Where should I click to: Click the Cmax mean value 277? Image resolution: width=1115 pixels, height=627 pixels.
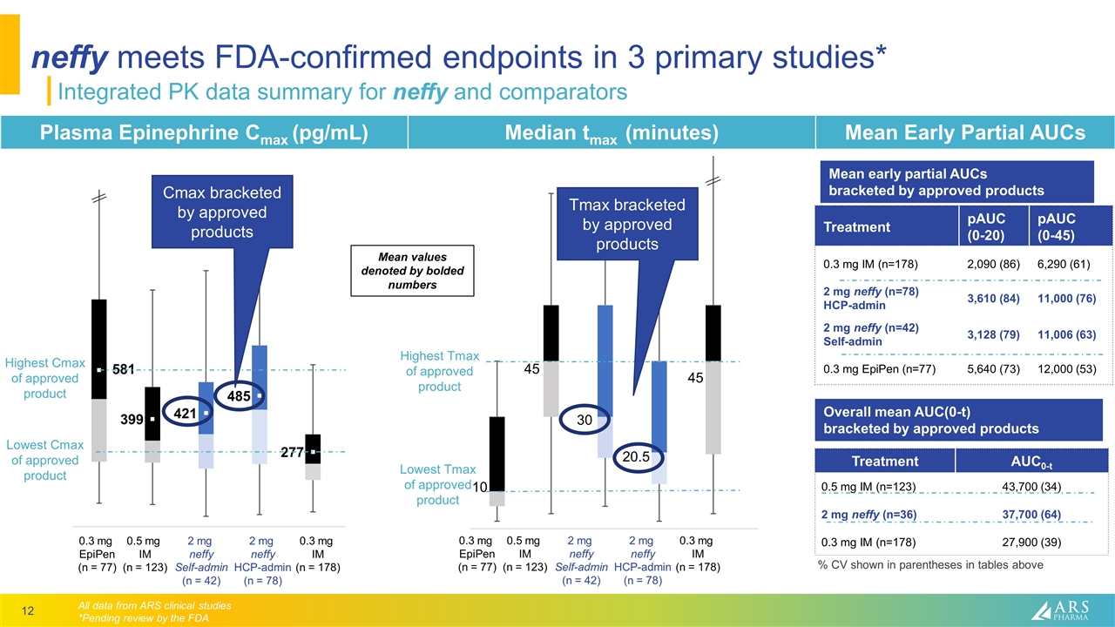click(292, 453)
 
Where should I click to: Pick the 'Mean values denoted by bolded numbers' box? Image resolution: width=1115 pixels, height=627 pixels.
click(411, 271)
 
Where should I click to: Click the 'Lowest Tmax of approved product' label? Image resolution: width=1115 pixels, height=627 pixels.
click(437, 485)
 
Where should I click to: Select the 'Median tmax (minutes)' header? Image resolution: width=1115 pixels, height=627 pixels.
click(611, 132)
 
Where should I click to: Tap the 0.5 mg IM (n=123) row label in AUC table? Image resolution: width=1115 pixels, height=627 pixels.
click(868, 486)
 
